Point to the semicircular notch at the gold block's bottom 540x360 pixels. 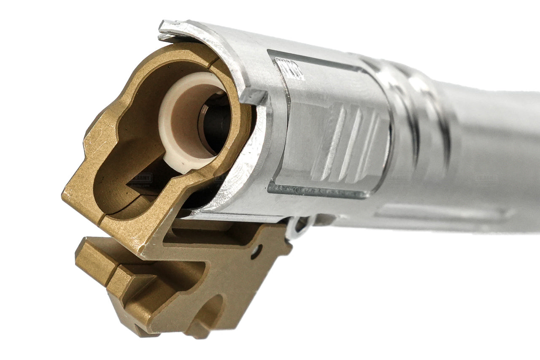click(211, 312)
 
